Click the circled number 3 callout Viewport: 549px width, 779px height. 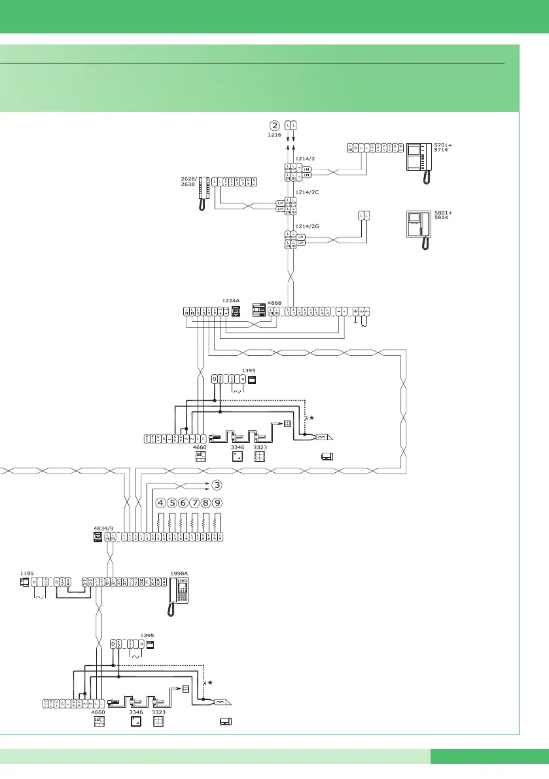[217, 485]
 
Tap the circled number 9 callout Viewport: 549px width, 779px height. [217, 504]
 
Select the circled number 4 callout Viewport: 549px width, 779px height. [160, 504]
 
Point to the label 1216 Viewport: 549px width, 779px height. [275, 135]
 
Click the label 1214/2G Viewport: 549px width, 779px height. [307, 226]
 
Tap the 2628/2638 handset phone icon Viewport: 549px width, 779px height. [204, 194]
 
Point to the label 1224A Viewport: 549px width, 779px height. [231, 300]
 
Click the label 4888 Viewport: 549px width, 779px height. [275, 303]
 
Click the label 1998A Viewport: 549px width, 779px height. [179, 572]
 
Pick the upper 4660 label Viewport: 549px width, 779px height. [201, 447]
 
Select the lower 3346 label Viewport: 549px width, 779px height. [136, 712]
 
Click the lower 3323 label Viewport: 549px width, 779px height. [158, 712]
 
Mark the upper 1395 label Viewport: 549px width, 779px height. [249, 370]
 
